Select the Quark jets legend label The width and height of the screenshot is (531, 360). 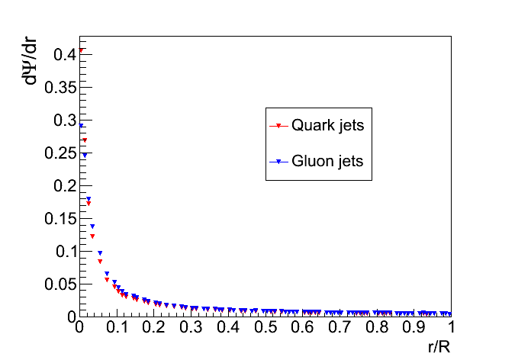[327, 126]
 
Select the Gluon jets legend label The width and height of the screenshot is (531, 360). [327, 161]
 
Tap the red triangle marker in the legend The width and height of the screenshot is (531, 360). [278, 127]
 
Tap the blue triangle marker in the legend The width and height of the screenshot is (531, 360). [278, 162]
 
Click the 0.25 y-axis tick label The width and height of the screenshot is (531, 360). [60, 153]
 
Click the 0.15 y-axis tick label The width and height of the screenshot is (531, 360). [60, 218]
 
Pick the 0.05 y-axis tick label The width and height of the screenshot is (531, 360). [60, 284]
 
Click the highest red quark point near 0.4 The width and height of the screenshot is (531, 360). [81, 51]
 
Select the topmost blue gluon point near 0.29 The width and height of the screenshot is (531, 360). [81, 126]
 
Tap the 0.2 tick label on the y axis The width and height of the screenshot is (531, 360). [64, 185]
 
